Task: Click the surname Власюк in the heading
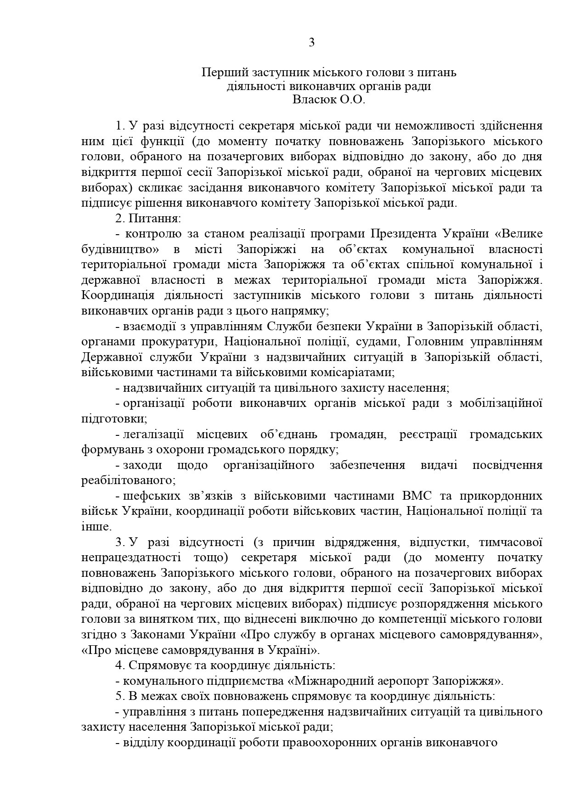[314, 100]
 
